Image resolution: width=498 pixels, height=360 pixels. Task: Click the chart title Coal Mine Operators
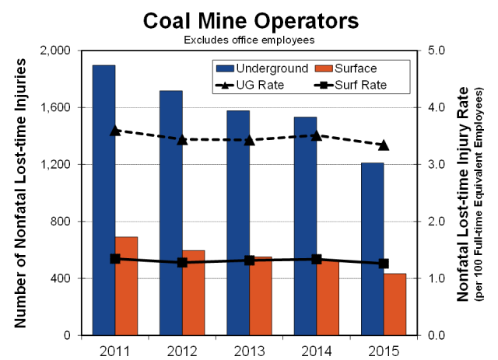click(249, 19)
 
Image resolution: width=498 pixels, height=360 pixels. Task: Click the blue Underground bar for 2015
click(371, 249)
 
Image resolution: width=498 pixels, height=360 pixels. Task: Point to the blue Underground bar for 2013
click(237, 222)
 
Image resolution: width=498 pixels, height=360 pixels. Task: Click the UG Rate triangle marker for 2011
click(115, 131)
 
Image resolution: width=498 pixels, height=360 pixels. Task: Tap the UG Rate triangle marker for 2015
click(384, 145)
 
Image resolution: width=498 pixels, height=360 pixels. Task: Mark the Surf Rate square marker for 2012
click(182, 263)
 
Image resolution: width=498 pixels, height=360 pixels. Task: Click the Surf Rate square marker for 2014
click(317, 260)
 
